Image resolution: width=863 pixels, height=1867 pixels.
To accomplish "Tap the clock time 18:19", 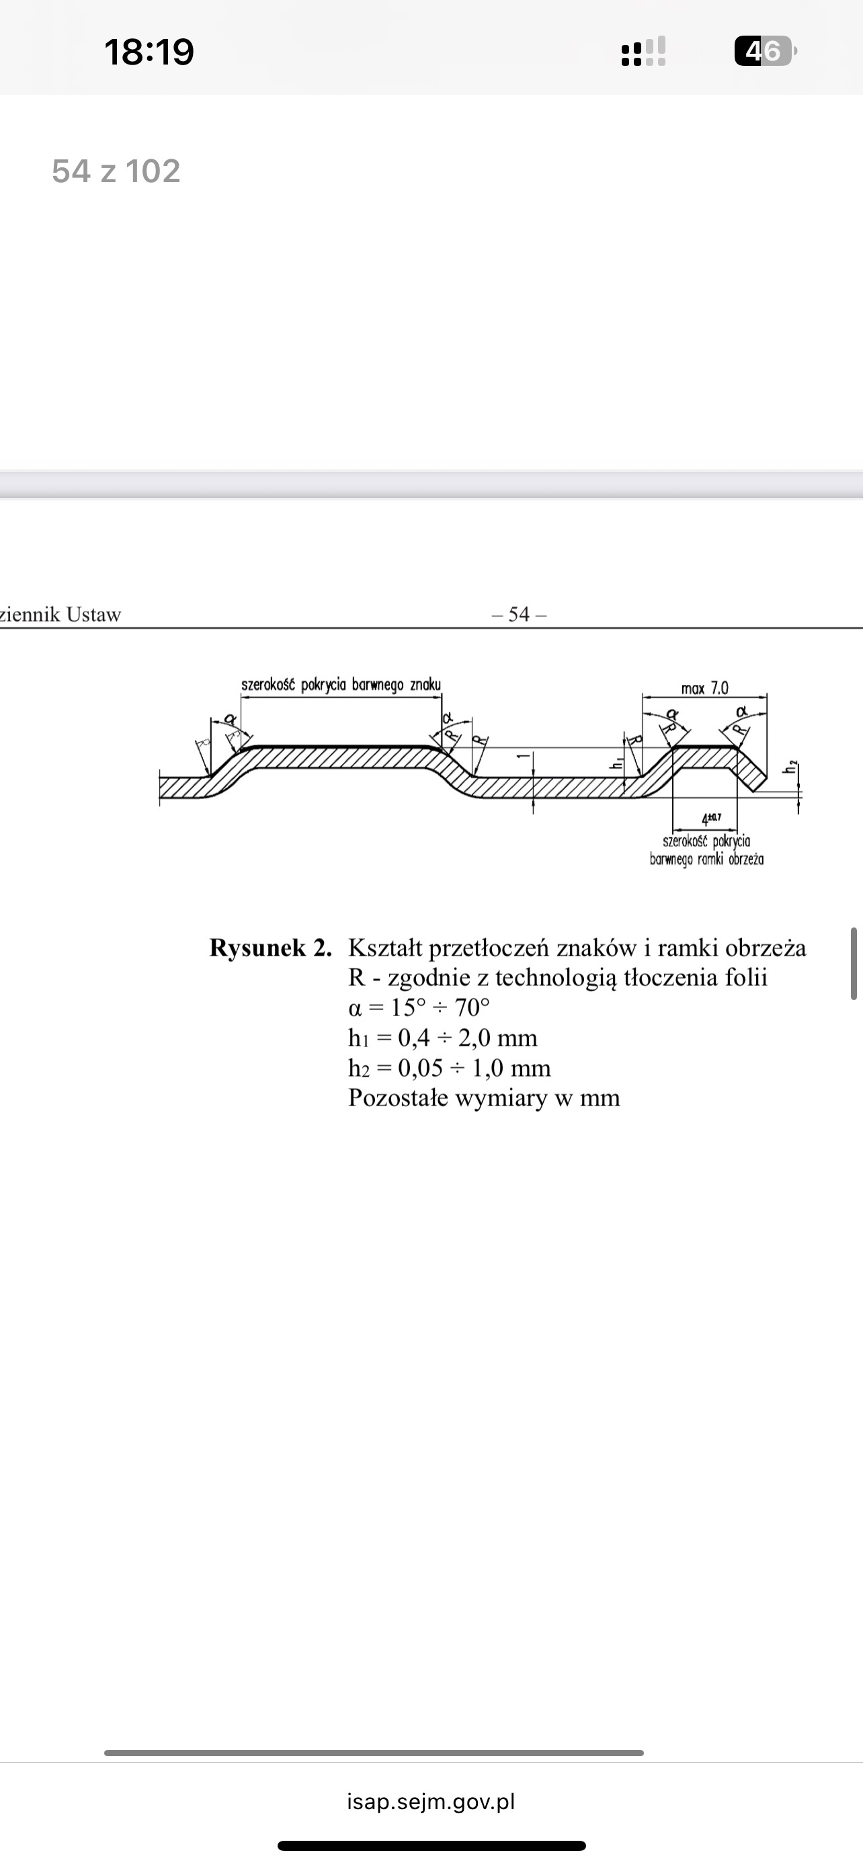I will click(149, 52).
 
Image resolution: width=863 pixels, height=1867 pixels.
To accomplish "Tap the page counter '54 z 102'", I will click(116, 172).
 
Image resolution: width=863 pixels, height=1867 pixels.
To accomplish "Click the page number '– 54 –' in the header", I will click(519, 614).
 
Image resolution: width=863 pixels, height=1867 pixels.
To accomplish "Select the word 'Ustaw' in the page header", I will click(93, 614).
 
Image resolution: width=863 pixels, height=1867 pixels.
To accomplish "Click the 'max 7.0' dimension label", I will click(704, 688).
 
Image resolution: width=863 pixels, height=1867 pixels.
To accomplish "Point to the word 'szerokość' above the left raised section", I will click(268, 685).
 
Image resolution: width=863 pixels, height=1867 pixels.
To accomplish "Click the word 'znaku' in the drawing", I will click(425, 685).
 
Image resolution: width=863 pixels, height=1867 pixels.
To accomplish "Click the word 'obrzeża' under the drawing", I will click(746, 860).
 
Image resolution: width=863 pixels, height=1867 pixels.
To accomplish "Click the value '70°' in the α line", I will click(472, 1008).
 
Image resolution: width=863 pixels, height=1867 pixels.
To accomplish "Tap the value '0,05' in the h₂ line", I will click(420, 1069).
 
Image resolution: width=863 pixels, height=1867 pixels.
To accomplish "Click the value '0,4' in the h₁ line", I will click(414, 1038).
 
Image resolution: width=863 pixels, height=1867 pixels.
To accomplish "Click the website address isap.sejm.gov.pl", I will click(431, 1801).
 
